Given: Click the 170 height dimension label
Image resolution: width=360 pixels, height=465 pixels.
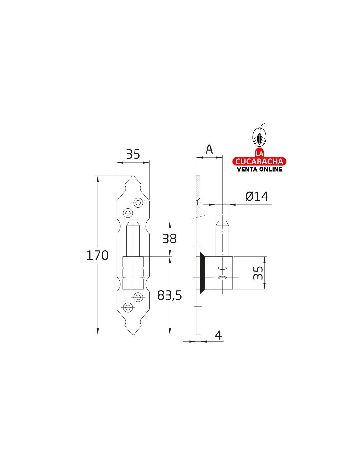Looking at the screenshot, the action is point(97,255).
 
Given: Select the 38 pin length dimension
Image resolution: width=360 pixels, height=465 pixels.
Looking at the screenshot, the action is point(170,238).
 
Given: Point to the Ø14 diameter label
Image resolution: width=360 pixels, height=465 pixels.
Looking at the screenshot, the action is point(257,196).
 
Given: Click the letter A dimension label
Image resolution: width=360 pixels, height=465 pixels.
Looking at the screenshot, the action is point(209,149).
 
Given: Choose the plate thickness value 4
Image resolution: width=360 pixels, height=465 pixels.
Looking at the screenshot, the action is point(218,335).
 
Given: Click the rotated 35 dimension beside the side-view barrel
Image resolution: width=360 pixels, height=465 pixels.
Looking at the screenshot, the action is point(258,273).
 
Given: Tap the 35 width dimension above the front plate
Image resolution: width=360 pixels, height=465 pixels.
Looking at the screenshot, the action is point(133,154).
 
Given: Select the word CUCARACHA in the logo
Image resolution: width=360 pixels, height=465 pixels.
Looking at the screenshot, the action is point(259,161).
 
